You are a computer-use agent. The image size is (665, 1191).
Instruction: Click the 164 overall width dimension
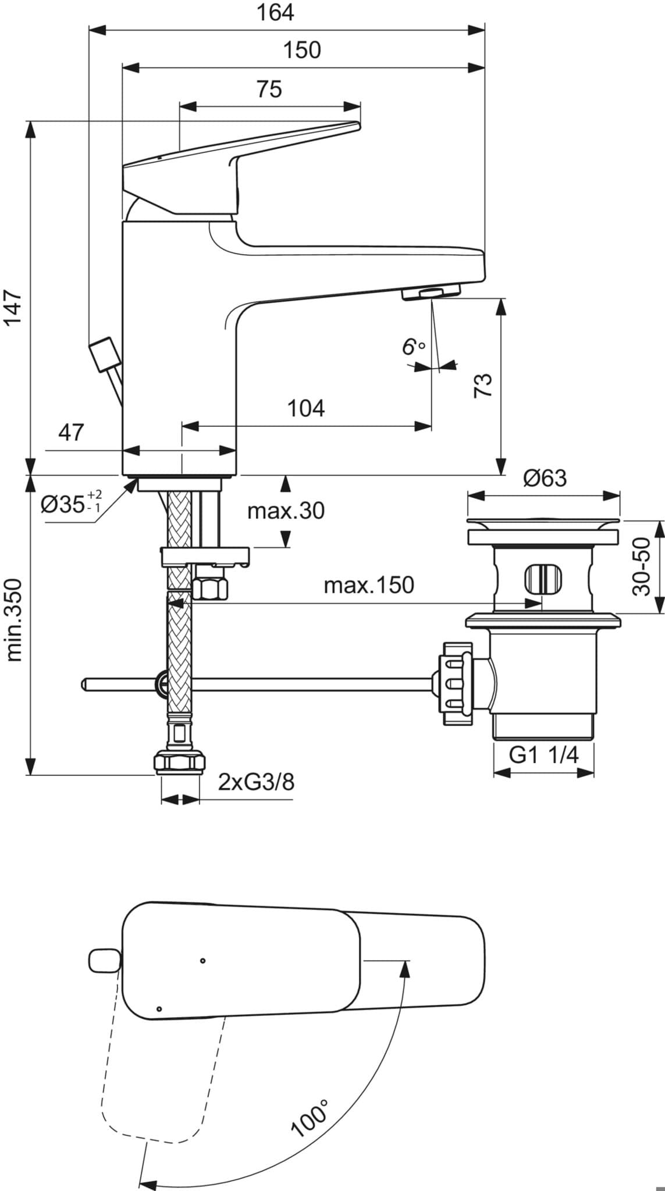275,12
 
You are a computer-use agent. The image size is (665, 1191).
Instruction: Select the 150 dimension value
302,50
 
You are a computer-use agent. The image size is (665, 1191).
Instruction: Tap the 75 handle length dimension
269,89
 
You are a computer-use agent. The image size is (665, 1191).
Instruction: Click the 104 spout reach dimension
306,408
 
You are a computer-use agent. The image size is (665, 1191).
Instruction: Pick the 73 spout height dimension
483,385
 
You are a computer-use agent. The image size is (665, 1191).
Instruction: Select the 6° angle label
414,347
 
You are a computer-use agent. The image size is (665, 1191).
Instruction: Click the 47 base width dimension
71,433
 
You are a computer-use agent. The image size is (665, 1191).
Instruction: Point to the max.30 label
286,511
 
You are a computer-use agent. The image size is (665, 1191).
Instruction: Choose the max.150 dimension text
369,585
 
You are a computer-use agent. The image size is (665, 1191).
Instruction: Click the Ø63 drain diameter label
545,478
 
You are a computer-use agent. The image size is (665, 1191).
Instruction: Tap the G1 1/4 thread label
544,755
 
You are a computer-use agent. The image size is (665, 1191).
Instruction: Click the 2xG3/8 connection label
257,782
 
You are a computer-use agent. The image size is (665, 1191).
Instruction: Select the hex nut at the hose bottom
179,762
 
